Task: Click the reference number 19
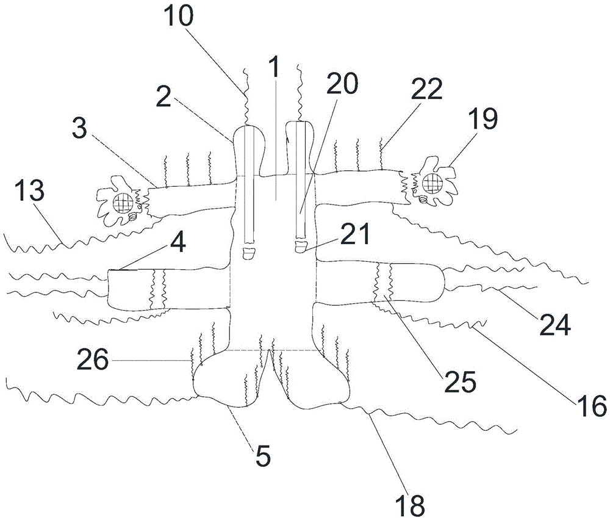tap(483, 120)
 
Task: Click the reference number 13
tap(30, 192)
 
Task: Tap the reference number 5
tap(262, 456)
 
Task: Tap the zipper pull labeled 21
tap(301, 247)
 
